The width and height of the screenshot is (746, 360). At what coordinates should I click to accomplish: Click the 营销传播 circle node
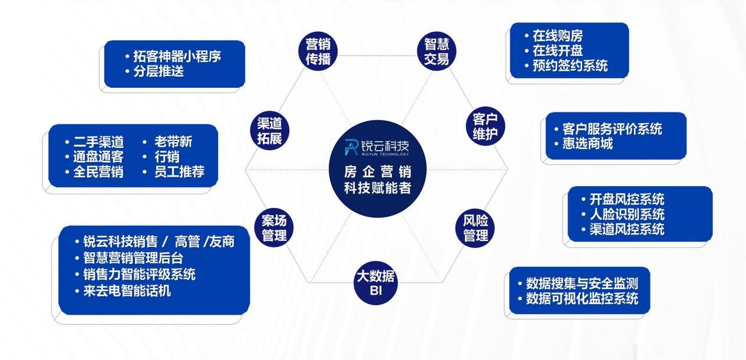tap(318, 51)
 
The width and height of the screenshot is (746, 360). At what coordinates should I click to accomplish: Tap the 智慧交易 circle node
tap(437, 51)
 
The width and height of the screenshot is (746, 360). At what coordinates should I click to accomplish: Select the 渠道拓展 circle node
tap(269, 131)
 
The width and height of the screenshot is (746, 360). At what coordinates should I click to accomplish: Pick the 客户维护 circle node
tap(485, 126)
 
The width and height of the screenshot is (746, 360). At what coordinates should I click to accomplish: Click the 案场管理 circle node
tap(274, 228)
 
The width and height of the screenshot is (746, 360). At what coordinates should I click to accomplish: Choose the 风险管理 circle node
tap(475, 228)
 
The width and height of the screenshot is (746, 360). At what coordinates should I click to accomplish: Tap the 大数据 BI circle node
tap(375, 283)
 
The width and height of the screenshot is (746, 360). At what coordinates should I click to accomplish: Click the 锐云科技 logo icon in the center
tap(351, 147)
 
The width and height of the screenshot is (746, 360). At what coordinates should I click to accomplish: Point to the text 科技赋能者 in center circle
tap(377, 188)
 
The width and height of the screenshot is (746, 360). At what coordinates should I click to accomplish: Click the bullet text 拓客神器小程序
tap(177, 57)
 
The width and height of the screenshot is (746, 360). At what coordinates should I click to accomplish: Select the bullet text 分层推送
tap(159, 71)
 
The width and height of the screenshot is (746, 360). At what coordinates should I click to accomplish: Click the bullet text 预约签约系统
tap(570, 65)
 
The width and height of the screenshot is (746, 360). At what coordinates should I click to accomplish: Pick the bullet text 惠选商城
tap(587, 144)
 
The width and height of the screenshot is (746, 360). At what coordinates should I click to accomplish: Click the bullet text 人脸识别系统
tap(627, 214)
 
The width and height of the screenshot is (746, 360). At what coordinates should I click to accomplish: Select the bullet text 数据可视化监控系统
tap(582, 298)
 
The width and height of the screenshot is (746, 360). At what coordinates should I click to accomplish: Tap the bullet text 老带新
tap(173, 141)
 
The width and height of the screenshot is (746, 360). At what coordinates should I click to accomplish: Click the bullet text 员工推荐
tap(180, 171)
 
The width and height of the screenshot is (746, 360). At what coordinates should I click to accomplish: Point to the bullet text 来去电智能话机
tap(127, 290)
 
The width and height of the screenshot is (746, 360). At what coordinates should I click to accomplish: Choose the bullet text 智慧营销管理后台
tap(133, 257)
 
